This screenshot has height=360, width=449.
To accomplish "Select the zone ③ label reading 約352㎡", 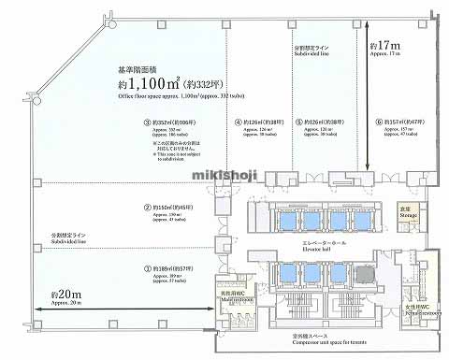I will [166, 122].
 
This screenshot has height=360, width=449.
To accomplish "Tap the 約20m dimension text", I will [56, 296].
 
